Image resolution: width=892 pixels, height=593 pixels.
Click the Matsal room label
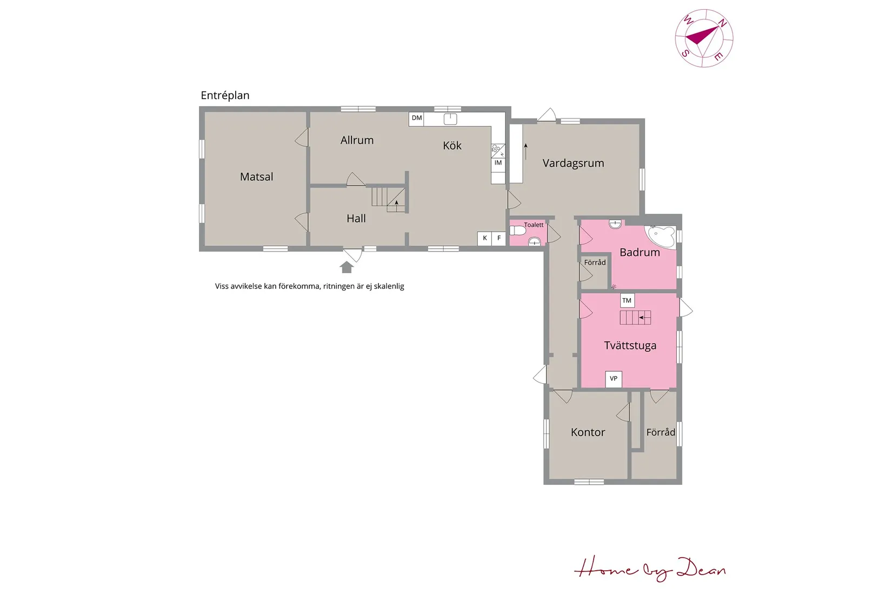click(256, 176)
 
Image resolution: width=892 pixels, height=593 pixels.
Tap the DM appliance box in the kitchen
click(416, 118)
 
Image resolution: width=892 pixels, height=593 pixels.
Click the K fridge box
click(484, 238)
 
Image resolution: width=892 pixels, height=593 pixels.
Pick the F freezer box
click(498, 238)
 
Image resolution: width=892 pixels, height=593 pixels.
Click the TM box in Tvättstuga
click(627, 300)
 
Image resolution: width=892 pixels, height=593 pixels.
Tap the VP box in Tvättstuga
click(614, 379)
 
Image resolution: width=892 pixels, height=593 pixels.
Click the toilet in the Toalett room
click(518, 230)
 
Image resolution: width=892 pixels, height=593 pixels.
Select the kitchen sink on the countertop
click(450, 118)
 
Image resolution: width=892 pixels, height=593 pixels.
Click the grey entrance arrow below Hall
click(347, 267)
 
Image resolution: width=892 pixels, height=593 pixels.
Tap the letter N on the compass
click(722, 23)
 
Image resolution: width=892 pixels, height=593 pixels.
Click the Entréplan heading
click(225, 95)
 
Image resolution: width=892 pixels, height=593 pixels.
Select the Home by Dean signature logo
click(650, 569)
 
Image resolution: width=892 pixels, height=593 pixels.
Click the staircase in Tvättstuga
click(635, 318)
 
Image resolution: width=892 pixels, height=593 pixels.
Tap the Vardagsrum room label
click(573, 163)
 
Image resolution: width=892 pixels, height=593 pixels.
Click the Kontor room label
click(588, 432)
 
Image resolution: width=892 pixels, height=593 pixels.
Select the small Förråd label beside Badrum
click(595, 262)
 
